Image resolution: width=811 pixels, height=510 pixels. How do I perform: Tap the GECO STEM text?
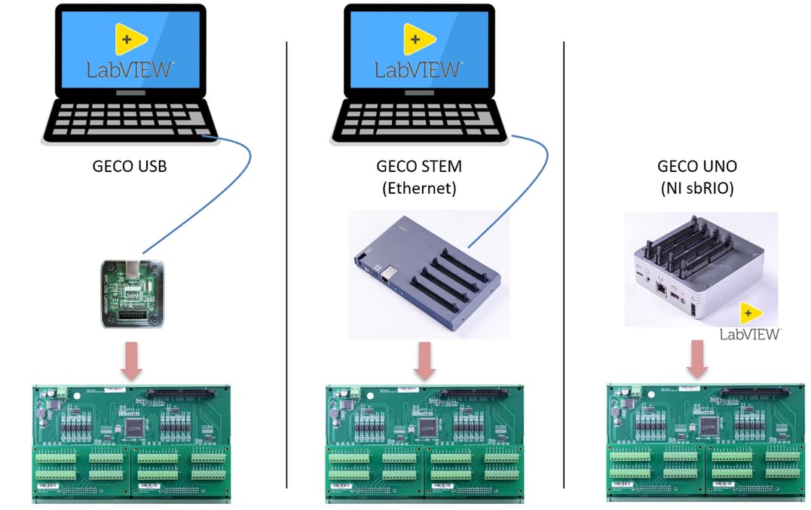[418, 166]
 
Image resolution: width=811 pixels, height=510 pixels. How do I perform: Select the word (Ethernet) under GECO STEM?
[418, 188]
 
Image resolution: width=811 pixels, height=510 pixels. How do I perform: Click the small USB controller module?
[133, 293]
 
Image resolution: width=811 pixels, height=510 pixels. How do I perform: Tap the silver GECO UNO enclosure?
[697, 272]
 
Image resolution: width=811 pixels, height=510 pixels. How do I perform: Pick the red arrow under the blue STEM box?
[424, 361]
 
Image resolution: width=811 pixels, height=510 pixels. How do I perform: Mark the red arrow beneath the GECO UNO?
[698, 358]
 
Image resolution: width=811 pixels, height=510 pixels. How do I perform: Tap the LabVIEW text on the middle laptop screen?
[418, 70]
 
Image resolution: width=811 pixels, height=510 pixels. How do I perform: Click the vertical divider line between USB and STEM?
[287, 264]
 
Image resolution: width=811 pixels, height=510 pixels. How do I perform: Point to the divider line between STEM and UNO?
[564, 264]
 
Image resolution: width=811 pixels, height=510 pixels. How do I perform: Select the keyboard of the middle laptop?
[418, 119]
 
